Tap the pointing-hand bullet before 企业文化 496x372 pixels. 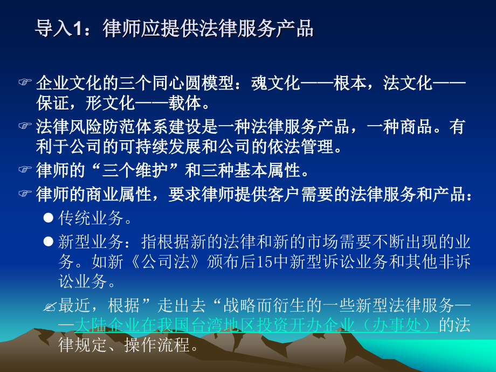(25, 83)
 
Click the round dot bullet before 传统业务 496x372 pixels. (48, 218)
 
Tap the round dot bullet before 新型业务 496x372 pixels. (48, 241)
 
